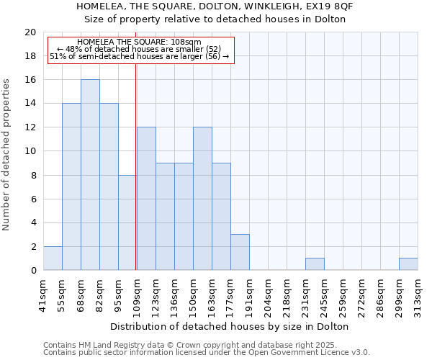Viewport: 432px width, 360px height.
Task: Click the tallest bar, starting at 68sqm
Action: (90, 175)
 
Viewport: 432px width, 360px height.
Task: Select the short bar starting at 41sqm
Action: (53, 258)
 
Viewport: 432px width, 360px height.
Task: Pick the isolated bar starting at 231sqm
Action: (315, 264)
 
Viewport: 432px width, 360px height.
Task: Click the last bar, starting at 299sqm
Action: (408, 264)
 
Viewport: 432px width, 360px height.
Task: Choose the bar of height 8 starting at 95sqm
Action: (127, 222)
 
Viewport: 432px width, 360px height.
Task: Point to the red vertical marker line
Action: (136, 166)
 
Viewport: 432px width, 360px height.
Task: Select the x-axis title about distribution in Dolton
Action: (230, 326)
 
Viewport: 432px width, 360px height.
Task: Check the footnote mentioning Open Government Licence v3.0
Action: (207, 352)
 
